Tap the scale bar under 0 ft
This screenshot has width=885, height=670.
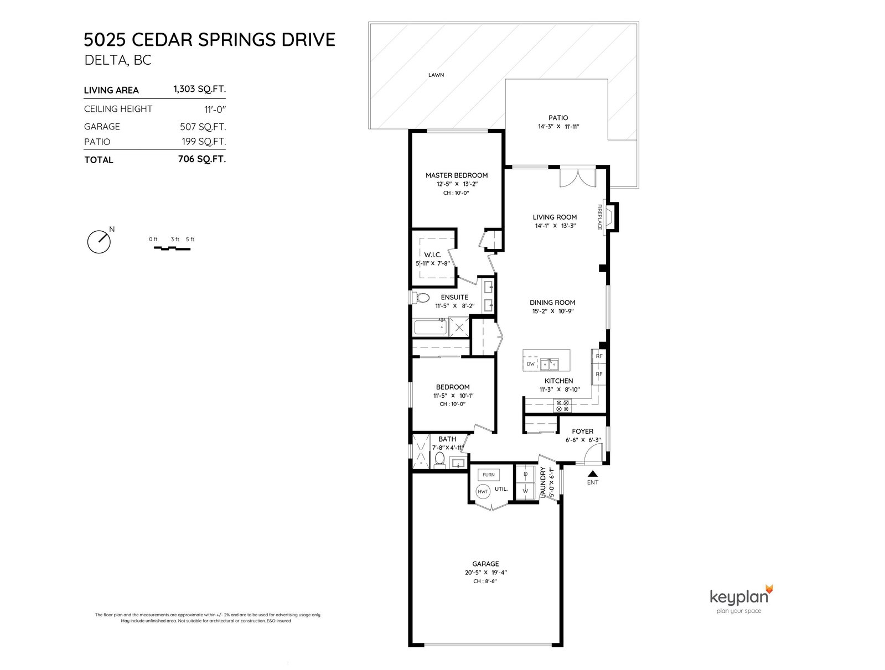tap(172, 248)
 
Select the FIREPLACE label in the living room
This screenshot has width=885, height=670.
tap(599, 217)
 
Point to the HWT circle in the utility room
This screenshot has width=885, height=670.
tap(483, 491)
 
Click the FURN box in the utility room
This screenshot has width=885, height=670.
tap(488, 475)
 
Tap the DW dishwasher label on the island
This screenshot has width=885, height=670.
tap(531, 364)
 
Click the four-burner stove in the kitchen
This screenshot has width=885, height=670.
tap(562, 406)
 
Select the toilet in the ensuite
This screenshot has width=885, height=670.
tap(421, 298)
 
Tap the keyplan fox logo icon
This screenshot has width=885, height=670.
tap(769, 589)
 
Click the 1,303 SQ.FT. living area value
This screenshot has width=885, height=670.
tap(200, 89)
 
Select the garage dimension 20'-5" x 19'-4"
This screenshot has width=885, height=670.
tap(486, 573)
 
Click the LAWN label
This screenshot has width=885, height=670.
tap(436, 75)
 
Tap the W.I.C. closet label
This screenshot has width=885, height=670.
tap(433, 255)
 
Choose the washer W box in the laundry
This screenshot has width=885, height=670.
tap(525, 491)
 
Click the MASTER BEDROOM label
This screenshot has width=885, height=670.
tap(457, 175)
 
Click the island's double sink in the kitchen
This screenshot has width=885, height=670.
tap(550, 364)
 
